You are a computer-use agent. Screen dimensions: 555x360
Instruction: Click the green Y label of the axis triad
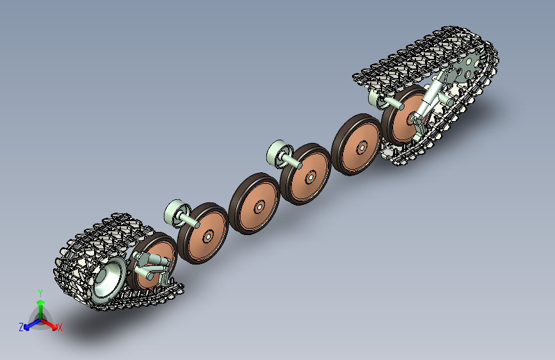tap(40, 293)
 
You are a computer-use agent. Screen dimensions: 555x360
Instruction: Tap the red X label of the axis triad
tap(60, 327)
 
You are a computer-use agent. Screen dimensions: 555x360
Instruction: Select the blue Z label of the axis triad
tap(21, 327)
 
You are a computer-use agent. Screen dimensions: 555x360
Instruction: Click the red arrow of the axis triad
tap(49, 324)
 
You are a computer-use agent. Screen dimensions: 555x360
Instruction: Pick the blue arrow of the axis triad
tap(33, 324)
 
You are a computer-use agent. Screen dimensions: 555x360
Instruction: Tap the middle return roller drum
tap(279, 153)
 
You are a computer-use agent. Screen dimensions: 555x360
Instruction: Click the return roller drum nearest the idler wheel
tap(177, 213)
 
